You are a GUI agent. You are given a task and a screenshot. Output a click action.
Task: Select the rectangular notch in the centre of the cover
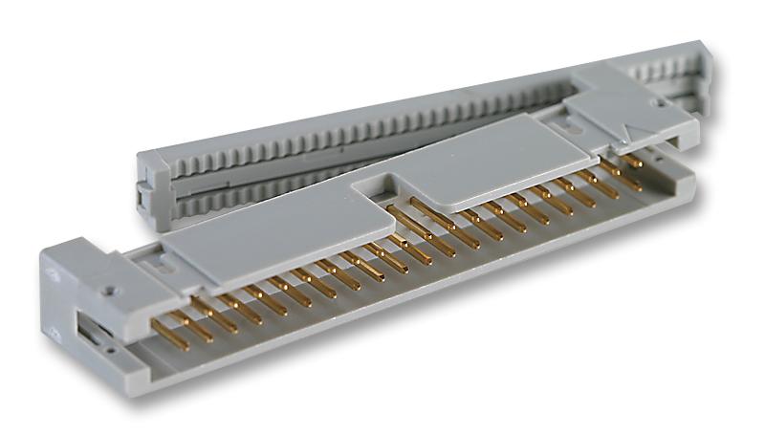coord(378,196)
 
